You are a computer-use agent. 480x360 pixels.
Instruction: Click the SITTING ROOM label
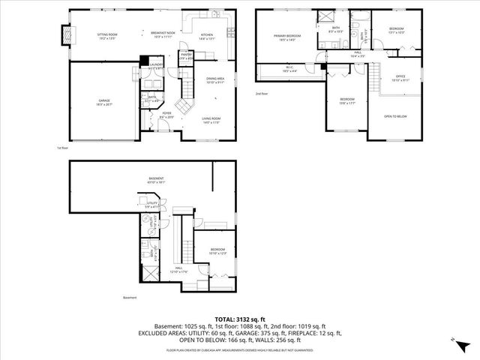tap(108, 35)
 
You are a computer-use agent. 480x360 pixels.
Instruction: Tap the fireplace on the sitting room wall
tap(65, 34)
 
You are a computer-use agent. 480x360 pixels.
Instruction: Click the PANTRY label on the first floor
tap(185, 55)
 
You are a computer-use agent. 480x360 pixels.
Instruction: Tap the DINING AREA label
tap(216, 79)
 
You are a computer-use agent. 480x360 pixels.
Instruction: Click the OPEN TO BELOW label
tap(395, 116)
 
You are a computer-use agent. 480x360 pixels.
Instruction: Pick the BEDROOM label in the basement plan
tap(217, 250)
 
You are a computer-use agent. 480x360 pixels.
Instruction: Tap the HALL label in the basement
tap(180, 269)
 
